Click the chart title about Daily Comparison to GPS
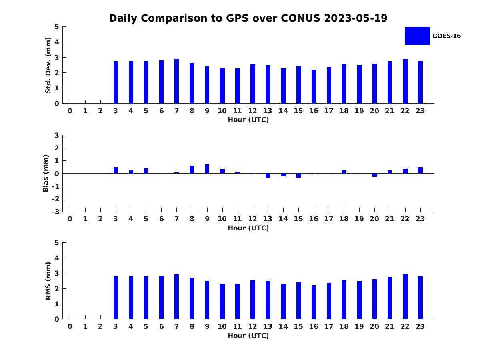(x=248, y=18)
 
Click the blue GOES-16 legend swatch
(x=417, y=36)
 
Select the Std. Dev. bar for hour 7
(x=176, y=81)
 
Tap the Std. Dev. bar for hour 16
(x=314, y=86)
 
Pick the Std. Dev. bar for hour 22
(x=405, y=81)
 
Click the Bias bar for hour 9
(x=207, y=169)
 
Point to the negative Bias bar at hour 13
(x=268, y=176)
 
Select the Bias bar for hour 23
(x=420, y=170)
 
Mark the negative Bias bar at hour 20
(x=374, y=175)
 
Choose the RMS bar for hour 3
(x=116, y=298)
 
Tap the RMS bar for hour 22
(x=405, y=297)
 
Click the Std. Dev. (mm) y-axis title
(x=48, y=65)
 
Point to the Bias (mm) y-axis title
(x=46, y=173)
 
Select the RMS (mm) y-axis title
(x=48, y=281)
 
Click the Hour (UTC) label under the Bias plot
(x=248, y=228)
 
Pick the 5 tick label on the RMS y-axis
(x=57, y=243)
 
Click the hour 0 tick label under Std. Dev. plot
(x=70, y=111)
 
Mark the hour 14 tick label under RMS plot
(x=283, y=326)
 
